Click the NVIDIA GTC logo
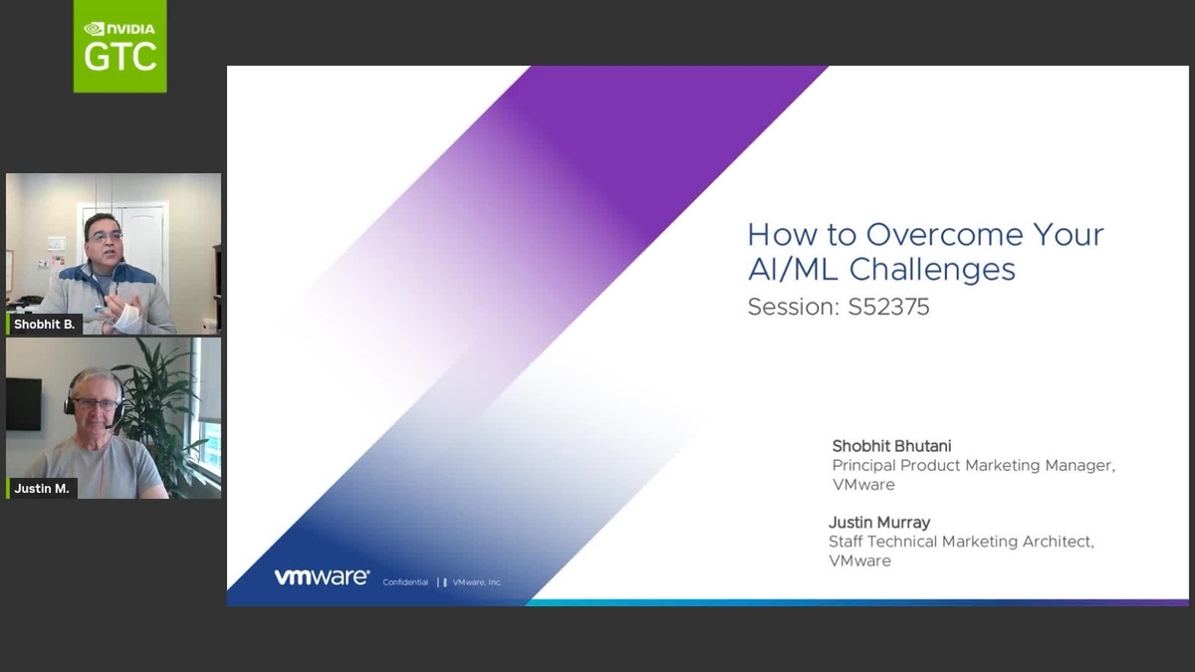[119, 46]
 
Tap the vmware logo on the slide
[322, 577]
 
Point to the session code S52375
[888, 307]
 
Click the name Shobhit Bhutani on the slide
[891, 446]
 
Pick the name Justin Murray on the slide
[880, 523]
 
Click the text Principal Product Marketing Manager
[973, 465]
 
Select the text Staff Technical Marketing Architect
[961, 542]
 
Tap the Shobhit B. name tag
[44, 324]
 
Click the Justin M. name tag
[42, 489]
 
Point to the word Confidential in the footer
[405, 581]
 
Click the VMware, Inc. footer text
[477, 581]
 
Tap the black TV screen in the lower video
[23, 403]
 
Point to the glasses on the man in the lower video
[96, 404]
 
